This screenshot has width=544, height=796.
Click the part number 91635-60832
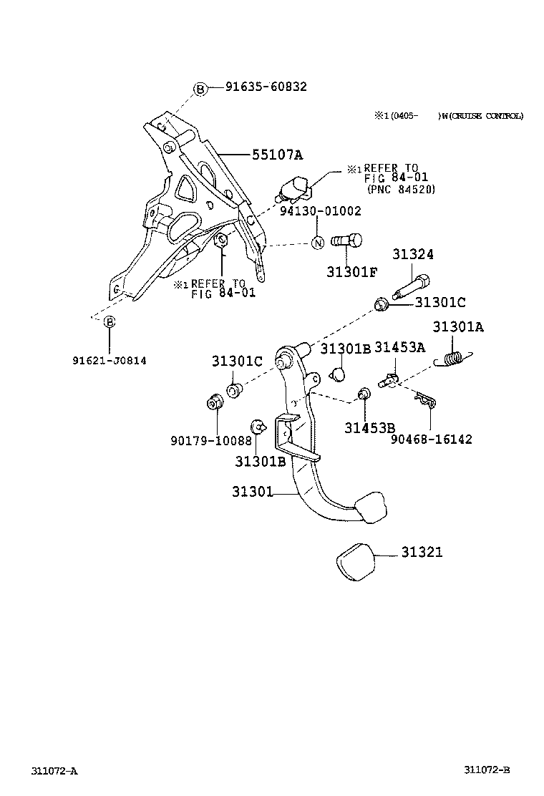pyautogui.click(x=266, y=87)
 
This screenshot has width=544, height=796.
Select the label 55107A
pyautogui.click(x=277, y=154)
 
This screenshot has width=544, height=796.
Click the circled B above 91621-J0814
pyautogui.click(x=110, y=322)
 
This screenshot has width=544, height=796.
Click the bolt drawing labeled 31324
pyautogui.click(x=412, y=288)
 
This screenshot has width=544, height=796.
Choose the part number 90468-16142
pyautogui.click(x=431, y=440)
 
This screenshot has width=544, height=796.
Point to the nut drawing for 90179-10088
pyautogui.click(x=213, y=403)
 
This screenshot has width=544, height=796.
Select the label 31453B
pyautogui.click(x=369, y=428)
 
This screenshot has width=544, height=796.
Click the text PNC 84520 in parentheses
pyautogui.click(x=400, y=190)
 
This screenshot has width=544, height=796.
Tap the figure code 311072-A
pyautogui.click(x=54, y=771)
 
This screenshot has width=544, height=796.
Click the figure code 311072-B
pyautogui.click(x=486, y=770)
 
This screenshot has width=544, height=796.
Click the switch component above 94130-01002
pyautogui.click(x=293, y=188)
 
